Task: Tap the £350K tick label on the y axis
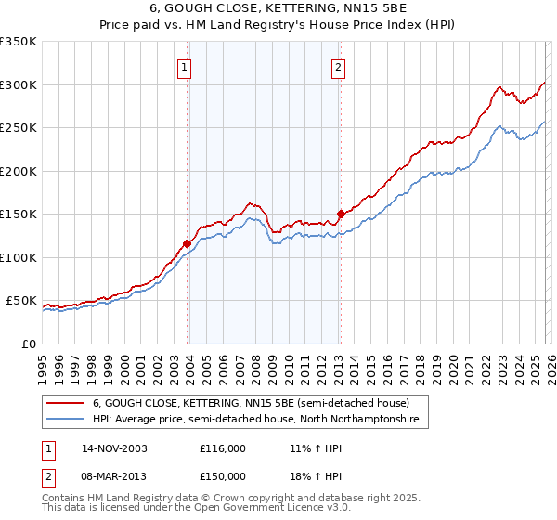click(19, 42)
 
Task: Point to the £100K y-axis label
click(19, 257)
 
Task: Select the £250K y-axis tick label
click(19, 128)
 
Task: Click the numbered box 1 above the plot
click(184, 67)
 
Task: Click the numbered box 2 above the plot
click(338, 67)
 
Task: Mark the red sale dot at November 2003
click(188, 243)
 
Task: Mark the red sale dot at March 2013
click(341, 214)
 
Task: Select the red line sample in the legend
click(66, 403)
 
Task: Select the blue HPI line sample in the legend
click(66, 420)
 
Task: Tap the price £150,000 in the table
click(223, 476)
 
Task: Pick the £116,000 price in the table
click(223, 448)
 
